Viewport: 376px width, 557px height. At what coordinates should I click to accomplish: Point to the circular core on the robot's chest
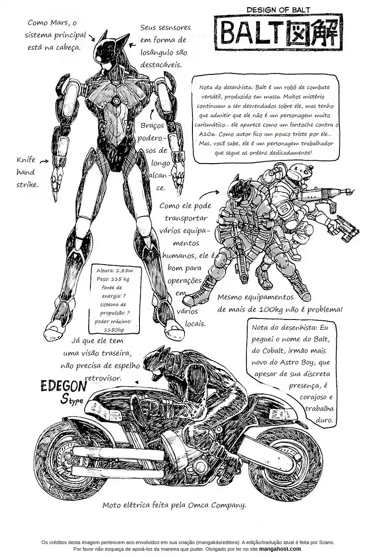click(x=116, y=101)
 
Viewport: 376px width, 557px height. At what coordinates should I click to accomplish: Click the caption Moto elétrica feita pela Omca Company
click(x=174, y=505)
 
